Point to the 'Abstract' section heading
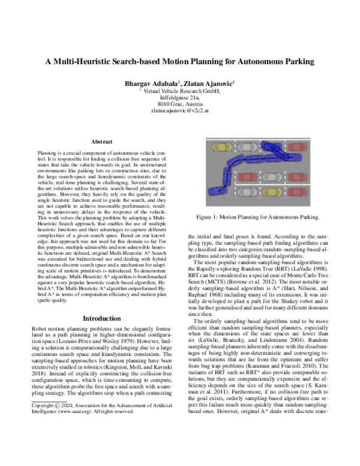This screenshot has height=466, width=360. click(102, 142)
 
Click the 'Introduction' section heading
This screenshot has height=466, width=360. click(102, 318)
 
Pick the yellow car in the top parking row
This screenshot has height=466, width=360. click(222, 147)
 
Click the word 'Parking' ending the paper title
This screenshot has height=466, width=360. click(296, 61)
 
